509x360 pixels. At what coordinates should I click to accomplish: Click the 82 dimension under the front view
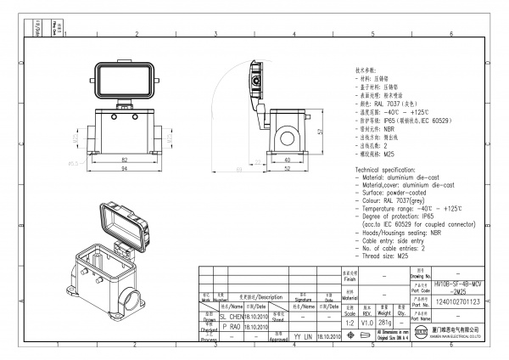pos(125,160)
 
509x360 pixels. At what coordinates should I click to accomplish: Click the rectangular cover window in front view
pos(125,83)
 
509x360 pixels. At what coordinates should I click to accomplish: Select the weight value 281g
pos(384,323)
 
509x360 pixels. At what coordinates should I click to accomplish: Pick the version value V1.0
pos(366,323)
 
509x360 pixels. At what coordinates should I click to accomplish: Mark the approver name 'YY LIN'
pos(303,337)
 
